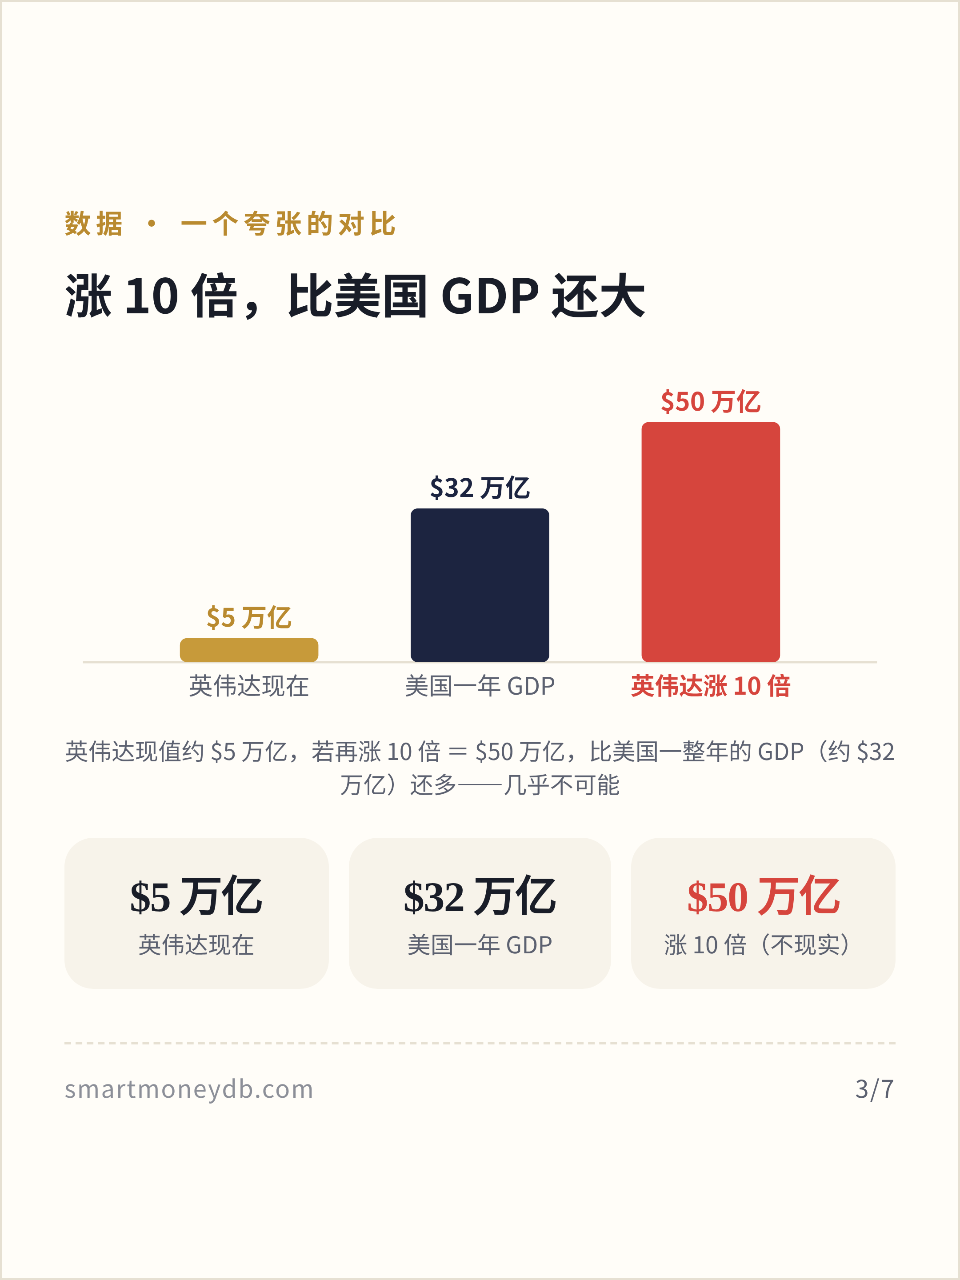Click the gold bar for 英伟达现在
click(249, 650)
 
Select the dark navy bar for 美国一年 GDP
click(480, 585)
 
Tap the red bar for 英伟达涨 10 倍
click(711, 542)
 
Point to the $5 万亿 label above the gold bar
click(249, 617)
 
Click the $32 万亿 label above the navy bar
click(480, 488)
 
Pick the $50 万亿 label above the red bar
click(711, 402)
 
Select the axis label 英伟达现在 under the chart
click(249, 686)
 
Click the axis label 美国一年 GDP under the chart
click(480, 686)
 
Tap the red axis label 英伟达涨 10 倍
click(711, 686)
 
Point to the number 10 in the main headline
click(152, 296)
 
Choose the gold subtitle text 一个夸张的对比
click(288, 224)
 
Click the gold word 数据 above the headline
click(94, 224)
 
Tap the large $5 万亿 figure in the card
click(196, 897)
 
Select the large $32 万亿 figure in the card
click(480, 897)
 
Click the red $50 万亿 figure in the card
click(763, 897)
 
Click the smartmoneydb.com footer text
click(188, 1089)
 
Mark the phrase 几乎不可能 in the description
click(561, 785)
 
